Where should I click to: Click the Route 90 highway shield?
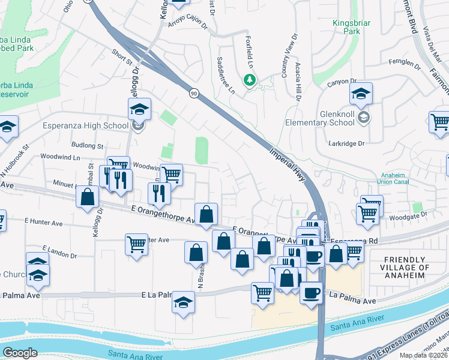coord(193,93)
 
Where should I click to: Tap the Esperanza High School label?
coord(85,125)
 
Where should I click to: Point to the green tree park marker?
coord(249,79)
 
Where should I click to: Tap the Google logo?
coord(20,353)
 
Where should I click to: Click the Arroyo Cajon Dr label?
coord(187,22)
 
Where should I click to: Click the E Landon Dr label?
coord(60,251)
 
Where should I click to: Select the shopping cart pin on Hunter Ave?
coord(136,245)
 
